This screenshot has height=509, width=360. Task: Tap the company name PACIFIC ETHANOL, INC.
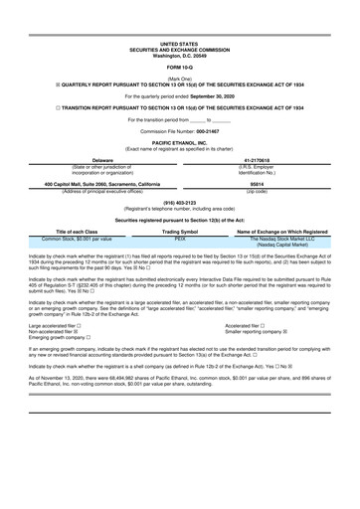(x=179, y=143)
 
